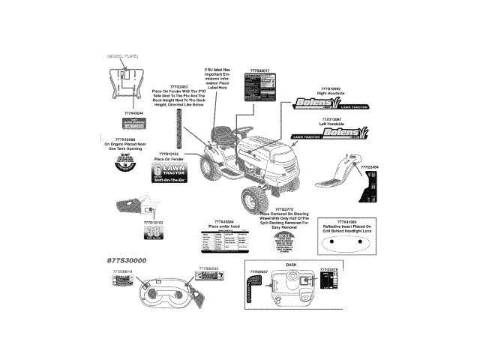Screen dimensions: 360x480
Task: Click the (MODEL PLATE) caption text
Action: click(x=123, y=56)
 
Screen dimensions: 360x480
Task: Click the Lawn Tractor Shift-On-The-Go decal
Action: click(x=169, y=172)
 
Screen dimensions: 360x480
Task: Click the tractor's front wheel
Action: click(x=254, y=199)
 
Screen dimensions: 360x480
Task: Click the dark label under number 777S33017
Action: click(x=256, y=87)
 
